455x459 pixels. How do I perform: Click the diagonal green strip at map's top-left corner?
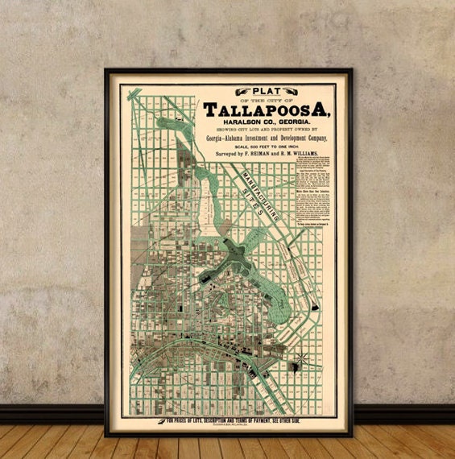(x=133, y=96)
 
